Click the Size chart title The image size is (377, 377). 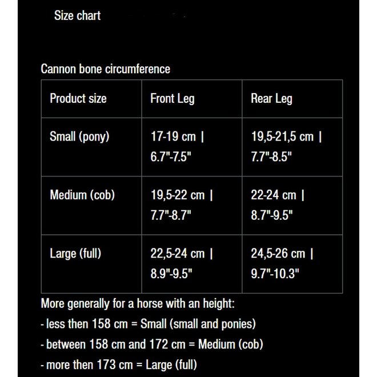click(77, 16)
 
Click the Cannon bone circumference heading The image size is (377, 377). click(105, 69)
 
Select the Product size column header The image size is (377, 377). click(78, 99)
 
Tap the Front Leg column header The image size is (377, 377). click(172, 99)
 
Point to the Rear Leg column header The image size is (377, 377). click(271, 99)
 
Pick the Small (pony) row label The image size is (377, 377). click(79, 137)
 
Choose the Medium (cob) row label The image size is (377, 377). click(82, 195)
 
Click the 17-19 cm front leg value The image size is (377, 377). click(173, 137)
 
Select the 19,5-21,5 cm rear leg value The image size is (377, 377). click(282, 137)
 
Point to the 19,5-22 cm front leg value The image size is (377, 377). click(177, 195)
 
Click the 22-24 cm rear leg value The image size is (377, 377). click(274, 195)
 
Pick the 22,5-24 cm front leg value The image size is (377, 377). click(177, 253)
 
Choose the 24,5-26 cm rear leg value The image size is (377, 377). click(278, 253)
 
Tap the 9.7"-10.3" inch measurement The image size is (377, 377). click(275, 273)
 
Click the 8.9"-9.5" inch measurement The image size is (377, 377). click(171, 273)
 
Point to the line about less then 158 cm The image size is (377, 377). click(149, 324)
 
